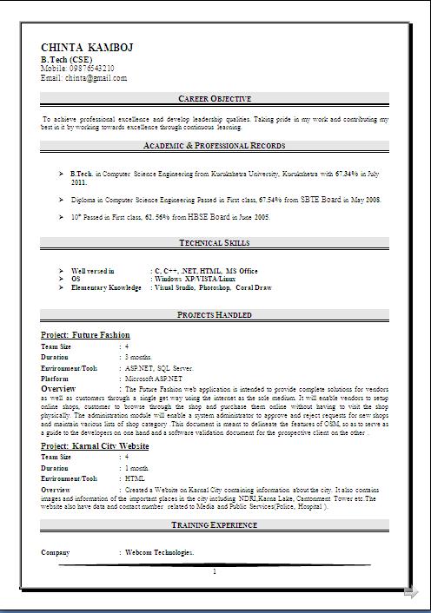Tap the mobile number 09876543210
coord(90,68)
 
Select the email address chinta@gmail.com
coord(96,77)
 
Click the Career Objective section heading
coord(215,99)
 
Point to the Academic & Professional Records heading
coord(215,145)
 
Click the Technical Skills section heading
coord(215,243)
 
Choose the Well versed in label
coord(92,271)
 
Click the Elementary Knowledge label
coord(106,287)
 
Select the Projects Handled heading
coord(215,314)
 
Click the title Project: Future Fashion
coord(85,334)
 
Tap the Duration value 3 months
coord(138,357)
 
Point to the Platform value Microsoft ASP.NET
coord(154,379)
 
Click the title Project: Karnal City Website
coord(95,445)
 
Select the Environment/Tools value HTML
coord(134,478)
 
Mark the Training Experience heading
coord(215,526)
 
